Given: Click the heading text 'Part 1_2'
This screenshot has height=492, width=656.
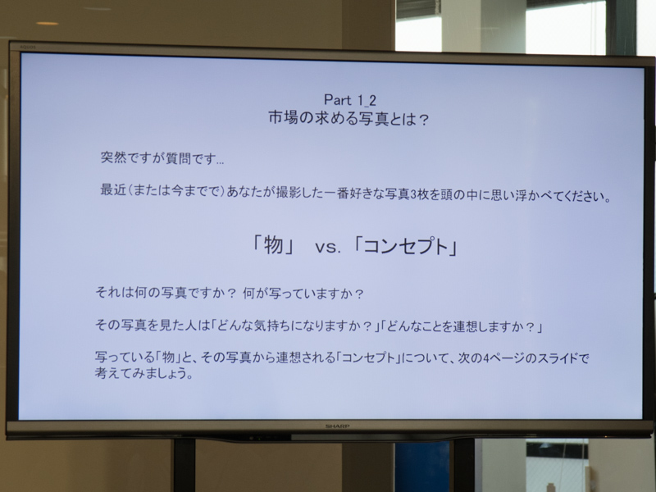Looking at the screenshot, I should click(x=349, y=100).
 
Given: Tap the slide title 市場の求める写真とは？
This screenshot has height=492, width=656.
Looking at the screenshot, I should click(x=349, y=118).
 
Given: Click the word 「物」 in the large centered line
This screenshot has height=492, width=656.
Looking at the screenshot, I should click(x=274, y=245).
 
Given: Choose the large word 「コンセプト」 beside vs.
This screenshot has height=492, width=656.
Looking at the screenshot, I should click(x=405, y=245).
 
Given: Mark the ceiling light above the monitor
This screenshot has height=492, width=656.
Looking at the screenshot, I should click(x=48, y=23).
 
